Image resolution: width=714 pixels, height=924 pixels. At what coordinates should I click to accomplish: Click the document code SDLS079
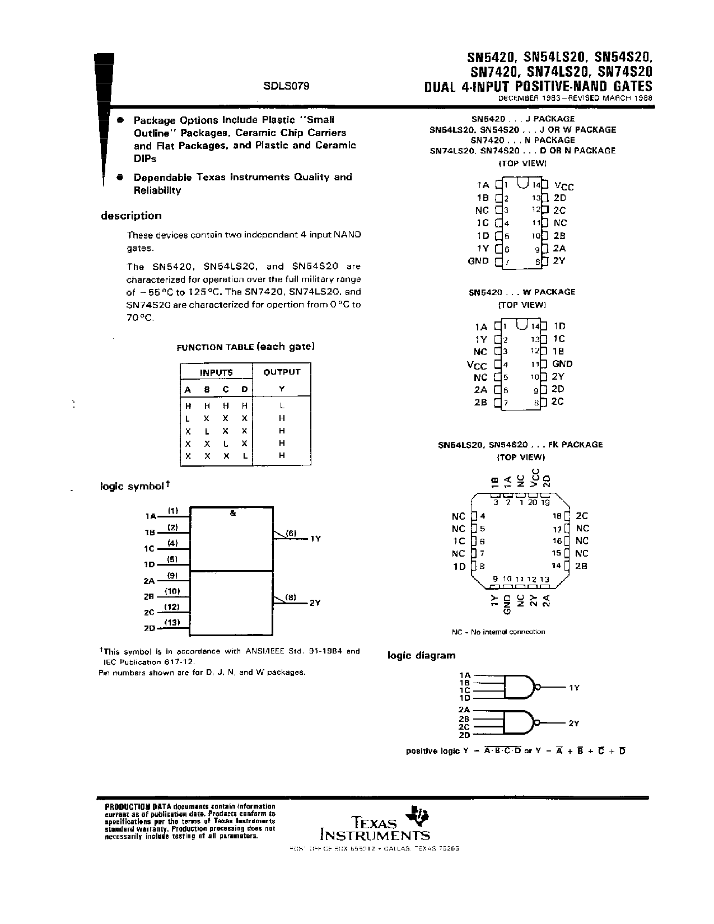point(286,86)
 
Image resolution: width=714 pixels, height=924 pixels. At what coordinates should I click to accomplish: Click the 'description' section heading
point(131,216)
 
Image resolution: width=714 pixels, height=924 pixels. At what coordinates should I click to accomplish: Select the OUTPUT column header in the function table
point(282,372)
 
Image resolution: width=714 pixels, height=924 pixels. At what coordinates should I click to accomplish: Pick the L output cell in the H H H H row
point(282,405)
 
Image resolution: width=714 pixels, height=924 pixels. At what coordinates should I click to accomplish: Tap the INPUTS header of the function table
point(216,372)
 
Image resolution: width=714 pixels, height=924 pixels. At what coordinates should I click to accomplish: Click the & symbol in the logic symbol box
point(232,513)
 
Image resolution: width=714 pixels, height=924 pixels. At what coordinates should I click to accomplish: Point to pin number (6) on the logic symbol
point(291,533)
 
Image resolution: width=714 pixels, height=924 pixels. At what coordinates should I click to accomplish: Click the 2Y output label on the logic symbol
point(315,603)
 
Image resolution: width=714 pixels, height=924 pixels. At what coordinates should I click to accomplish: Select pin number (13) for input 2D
point(171,622)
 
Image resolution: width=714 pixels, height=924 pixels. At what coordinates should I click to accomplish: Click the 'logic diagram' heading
point(421,655)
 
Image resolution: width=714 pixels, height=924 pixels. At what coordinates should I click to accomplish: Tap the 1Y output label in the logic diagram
point(573,687)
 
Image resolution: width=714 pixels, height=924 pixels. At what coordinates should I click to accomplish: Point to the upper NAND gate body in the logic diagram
point(518,687)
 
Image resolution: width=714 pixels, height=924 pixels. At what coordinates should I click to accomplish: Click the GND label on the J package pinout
point(478,261)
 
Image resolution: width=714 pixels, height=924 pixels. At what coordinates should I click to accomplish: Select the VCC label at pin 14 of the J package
point(563,186)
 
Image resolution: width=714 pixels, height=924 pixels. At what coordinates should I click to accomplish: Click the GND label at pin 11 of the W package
point(562,364)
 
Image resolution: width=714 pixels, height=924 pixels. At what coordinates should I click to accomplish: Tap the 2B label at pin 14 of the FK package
point(581,566)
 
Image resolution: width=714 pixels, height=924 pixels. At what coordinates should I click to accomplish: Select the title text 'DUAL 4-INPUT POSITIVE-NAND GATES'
point(538,86)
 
